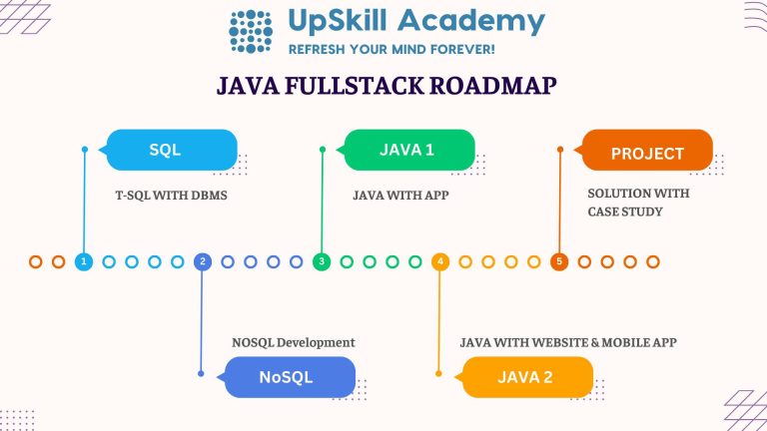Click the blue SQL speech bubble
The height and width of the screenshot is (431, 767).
click(171, 151)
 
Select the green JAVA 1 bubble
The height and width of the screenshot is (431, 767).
click(408, 151)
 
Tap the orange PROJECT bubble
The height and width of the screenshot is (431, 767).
click(647, 153)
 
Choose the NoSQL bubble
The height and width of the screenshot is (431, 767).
click(290, 377)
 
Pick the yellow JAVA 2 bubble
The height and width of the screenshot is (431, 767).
click(527, 377)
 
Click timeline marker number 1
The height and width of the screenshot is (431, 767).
click(84, 261)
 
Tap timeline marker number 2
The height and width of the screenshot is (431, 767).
click(203, 261)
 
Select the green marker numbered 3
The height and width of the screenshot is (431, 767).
click(322, 261)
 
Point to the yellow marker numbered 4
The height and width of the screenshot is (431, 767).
click(440, 261)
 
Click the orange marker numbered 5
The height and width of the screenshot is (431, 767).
click(559, 261)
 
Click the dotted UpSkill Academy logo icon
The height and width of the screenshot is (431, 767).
click(251, 32)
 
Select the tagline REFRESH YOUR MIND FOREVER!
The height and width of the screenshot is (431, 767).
click(391, 49)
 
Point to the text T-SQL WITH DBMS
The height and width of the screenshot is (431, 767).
click(172, 196)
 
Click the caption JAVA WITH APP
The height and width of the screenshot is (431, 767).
click(400, 196)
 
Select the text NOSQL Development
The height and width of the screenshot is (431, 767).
click(293, 342)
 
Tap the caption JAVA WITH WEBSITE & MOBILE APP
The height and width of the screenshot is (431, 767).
click(568, 342)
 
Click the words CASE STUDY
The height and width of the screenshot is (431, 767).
click(624, 212)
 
